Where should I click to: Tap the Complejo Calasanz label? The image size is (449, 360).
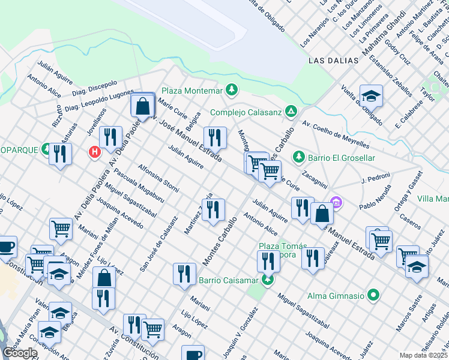pos(246,112)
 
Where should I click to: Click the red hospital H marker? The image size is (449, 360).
pos(94,152)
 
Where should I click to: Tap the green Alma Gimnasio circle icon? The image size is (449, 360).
pos(373,295)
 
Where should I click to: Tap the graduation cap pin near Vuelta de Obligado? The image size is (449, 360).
pos(371,95)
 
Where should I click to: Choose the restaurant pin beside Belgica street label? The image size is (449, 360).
pos(214,137)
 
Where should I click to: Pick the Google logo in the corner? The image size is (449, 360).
pos(20,353)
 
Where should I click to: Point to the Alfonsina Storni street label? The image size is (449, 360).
pos(158,178)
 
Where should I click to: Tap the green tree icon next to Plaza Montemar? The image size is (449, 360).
pos(231,90)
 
